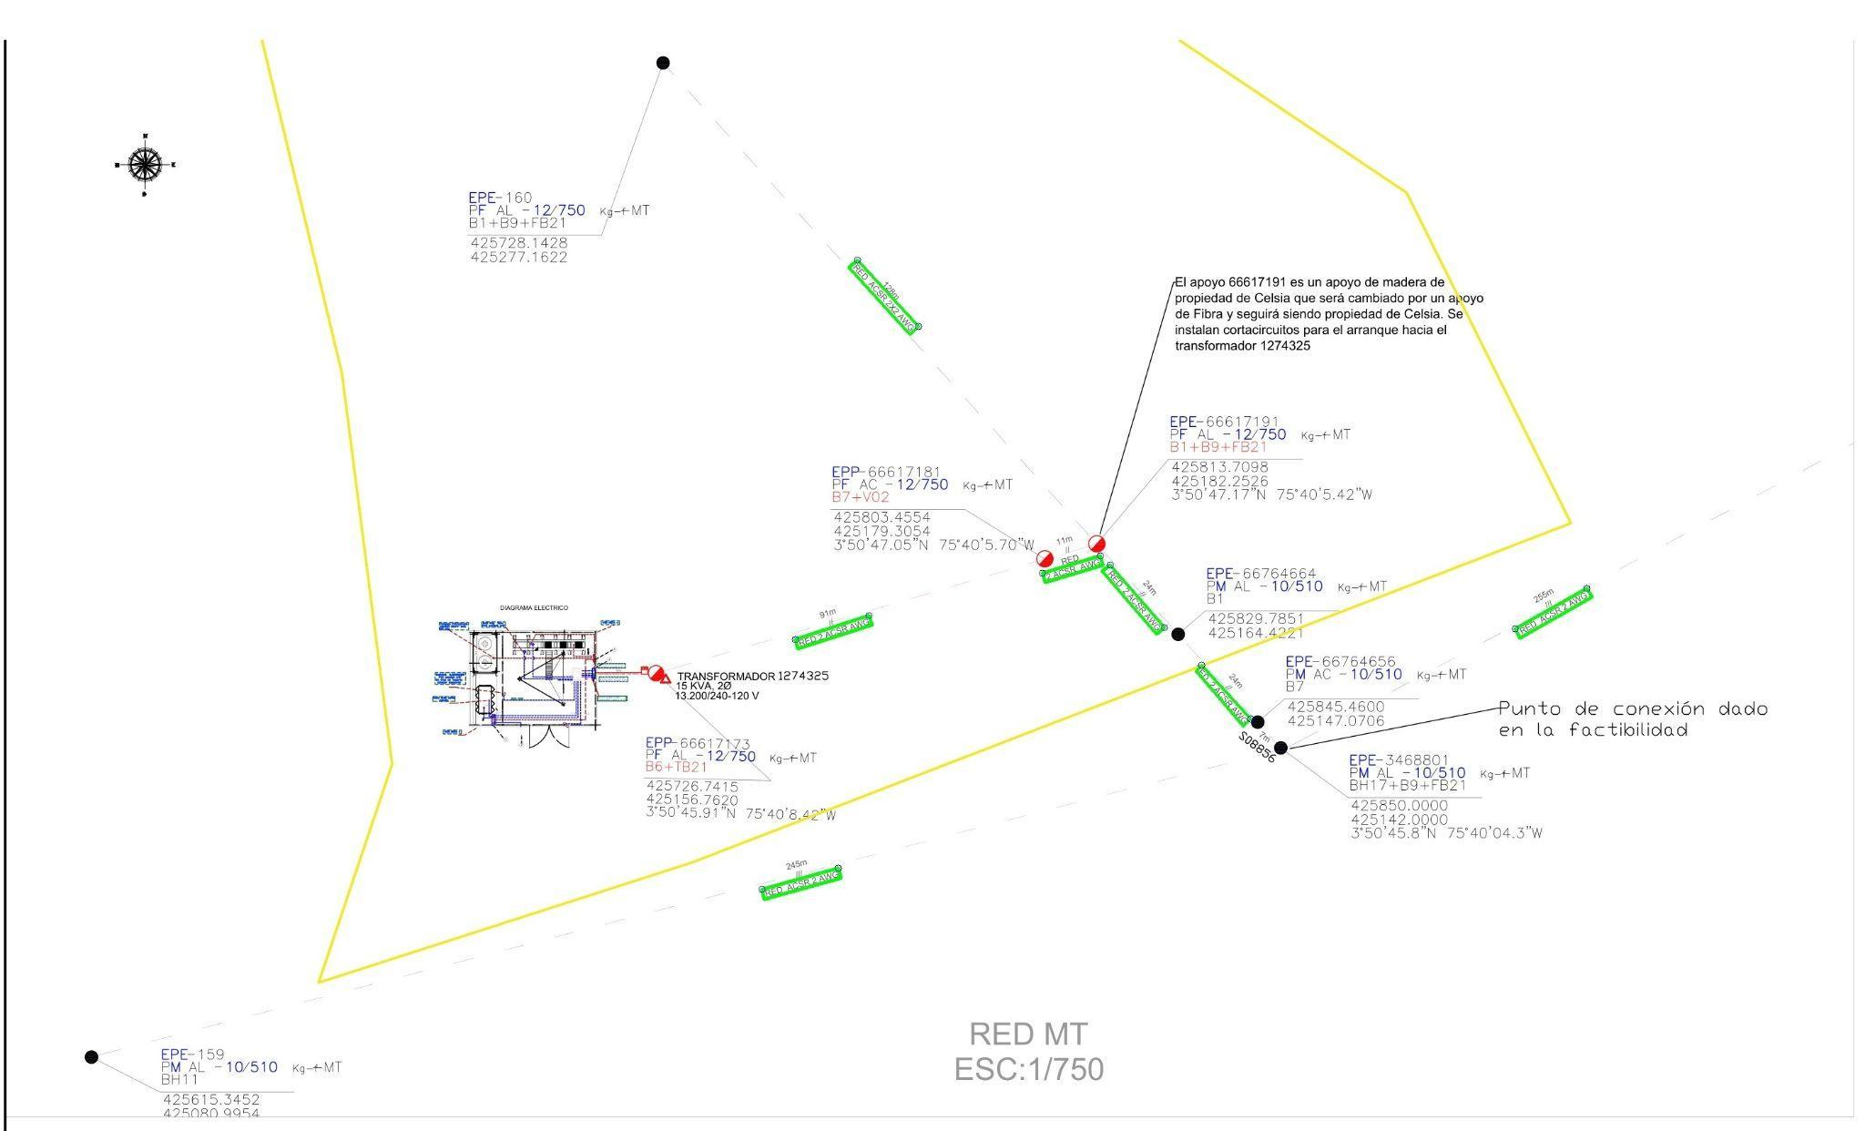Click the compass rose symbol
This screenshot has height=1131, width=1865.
click(144, 165)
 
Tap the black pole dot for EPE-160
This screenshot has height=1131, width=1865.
click(663, 63)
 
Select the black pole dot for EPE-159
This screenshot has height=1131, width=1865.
click(91, 1056)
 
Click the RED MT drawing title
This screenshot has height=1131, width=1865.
click(1028, 1034)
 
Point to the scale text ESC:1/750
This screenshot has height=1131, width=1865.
click(1028, 1069)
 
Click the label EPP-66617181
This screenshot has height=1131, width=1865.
click(885, 472)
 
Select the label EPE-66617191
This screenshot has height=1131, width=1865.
click(1224, 422)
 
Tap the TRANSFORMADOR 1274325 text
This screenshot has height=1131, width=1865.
click(752, 677)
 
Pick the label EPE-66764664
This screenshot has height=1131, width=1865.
click(1260, 574)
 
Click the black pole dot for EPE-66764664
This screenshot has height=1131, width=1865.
click(1177, 634)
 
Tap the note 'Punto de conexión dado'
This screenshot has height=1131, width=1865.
click(1632, 709)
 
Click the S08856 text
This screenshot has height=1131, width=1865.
click(1257, 748)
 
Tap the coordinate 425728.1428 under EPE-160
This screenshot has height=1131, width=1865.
click(518, 243)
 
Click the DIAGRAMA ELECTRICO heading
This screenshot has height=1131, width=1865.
click(534, 607)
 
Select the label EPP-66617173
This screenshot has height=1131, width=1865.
click(698, 744)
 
